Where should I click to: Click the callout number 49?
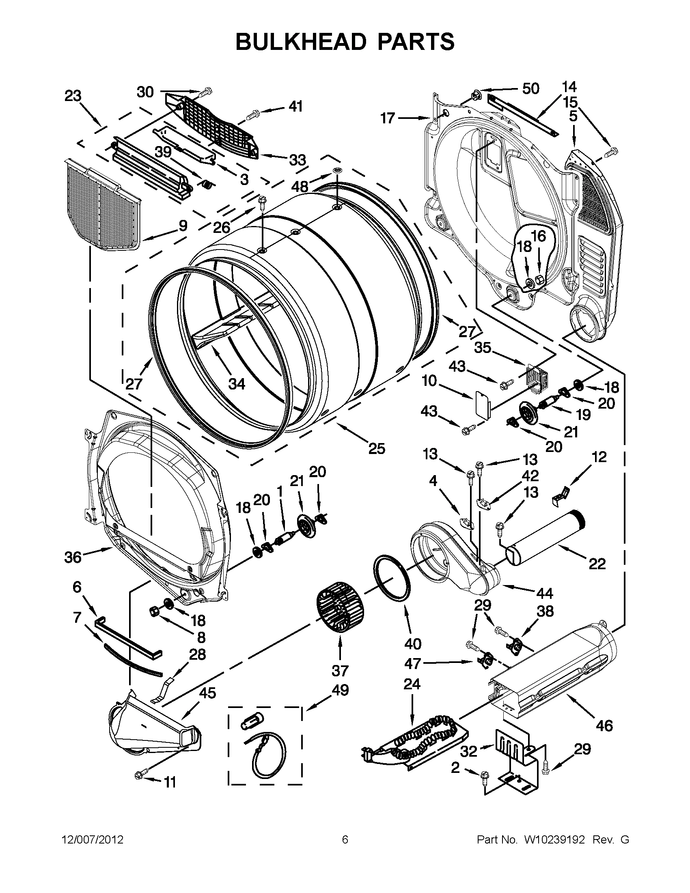point(340,690)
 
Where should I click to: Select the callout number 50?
point(530,88)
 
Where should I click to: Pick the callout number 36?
point(73,557)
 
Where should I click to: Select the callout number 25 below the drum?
point(376,449)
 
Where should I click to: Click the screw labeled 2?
point(485,775)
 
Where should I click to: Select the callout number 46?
point(604,725)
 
